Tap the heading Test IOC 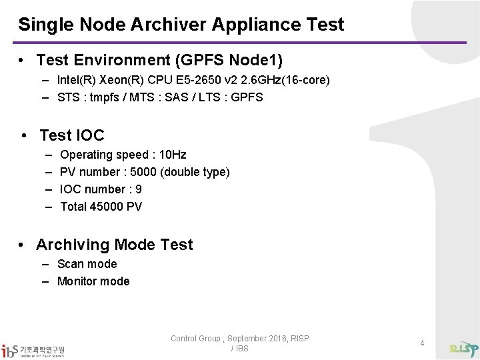point(72,135)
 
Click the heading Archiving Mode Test point(115,245)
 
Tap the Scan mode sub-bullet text point(87,264)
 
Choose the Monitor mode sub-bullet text point(94,281)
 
